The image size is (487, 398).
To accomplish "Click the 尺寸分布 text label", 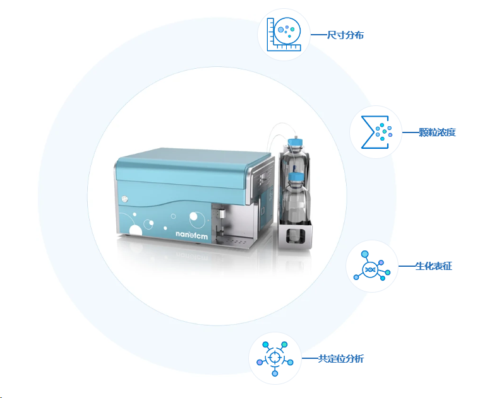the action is [x=346, y=35].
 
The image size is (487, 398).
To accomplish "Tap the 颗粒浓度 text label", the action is [x=437, y=132].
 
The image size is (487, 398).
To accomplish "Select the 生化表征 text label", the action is [x=433, y=266].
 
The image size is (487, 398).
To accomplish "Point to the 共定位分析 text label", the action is [x=340, y=359].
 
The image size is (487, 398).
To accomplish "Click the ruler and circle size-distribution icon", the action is [x=284, y=34].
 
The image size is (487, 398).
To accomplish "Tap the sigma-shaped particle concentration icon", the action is [x=375, y=132].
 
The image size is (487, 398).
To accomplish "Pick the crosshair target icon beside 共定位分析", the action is [x=275, y=359].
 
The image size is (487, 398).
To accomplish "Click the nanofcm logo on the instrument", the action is [x=191, y=235].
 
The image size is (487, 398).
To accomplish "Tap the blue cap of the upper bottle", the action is [x=295, y=143].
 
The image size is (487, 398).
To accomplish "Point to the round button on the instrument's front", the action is [x=125, y=199].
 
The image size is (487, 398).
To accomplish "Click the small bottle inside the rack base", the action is [x=293, y=235].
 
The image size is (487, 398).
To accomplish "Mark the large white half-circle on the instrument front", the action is [x=136, y=230].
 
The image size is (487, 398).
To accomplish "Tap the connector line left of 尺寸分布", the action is [x=319, y=35].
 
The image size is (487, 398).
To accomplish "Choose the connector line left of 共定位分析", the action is [x=310, y=359].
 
